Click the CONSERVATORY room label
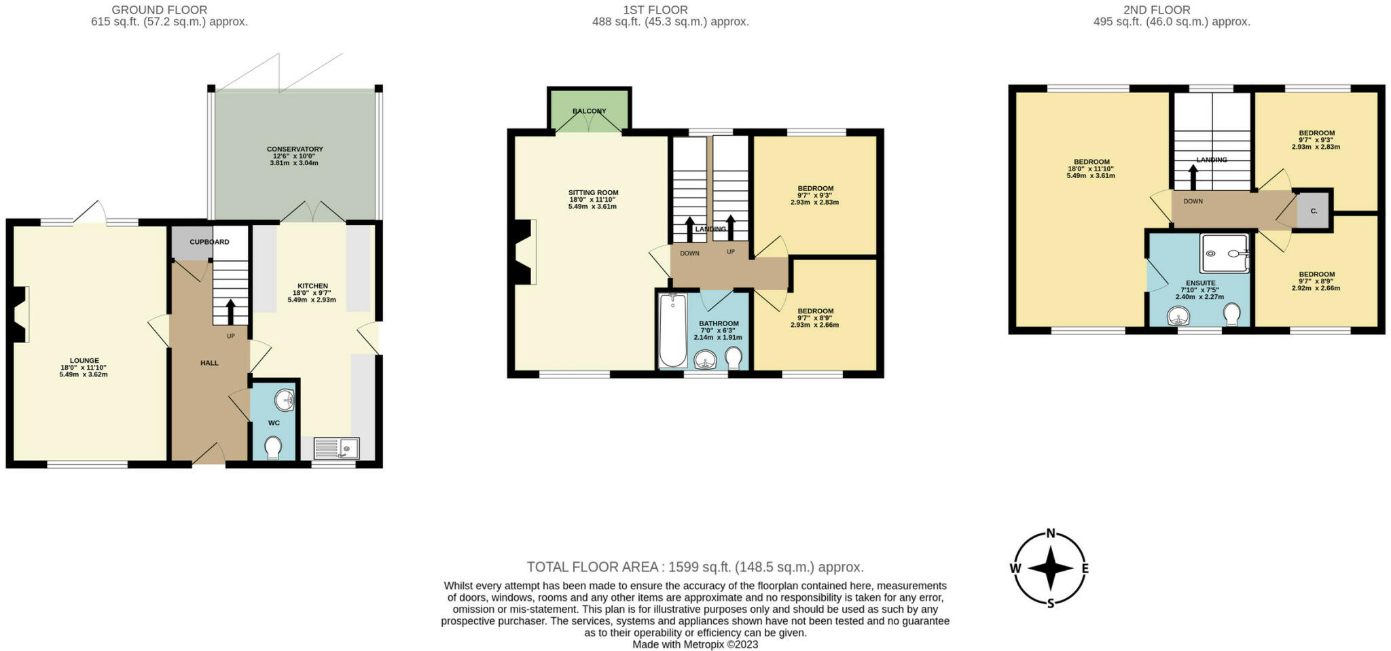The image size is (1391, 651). click(x=295, y=149)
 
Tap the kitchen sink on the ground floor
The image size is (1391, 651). click(x=336, y=448)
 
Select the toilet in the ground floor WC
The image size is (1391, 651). click(x=274, y=447)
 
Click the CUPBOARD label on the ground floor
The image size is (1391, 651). click(x=209, y=242)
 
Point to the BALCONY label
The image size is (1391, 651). click(x=589, y=111)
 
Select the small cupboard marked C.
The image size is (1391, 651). click(x=1314, y=211)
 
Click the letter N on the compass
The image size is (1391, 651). click(x=1050, y=533)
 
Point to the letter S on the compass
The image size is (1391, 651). click(x=1050, y=603)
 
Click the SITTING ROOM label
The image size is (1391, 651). click(x=593, y=192)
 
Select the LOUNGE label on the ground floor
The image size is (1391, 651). click(x=84, y=361)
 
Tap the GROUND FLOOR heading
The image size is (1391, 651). click(x=160, y=10)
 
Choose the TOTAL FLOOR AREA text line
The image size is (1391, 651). click(x=695, y=567)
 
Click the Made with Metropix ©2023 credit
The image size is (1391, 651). click(x=695, y=644)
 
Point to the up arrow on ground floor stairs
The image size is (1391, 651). click(x=230, y=313)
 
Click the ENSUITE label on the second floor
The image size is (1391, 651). click(x=1200, y=283)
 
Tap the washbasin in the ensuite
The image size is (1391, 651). click(x=1179, y=316)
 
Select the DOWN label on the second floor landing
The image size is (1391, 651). click(x=1193, y=201)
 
